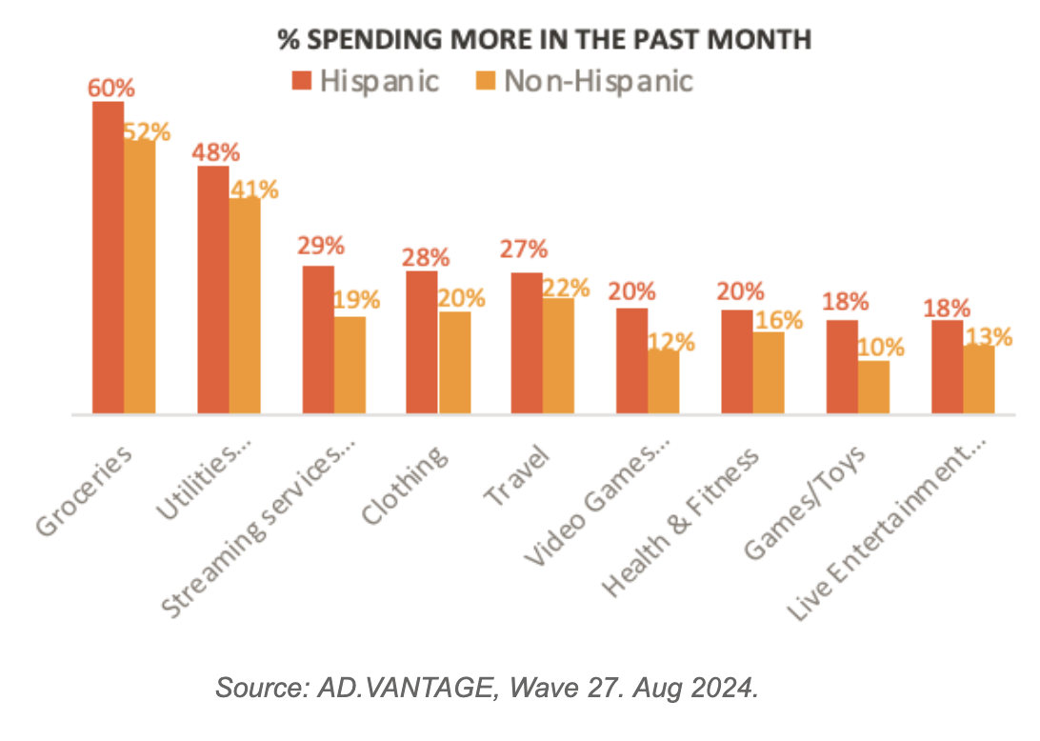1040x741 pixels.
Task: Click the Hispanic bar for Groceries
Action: click(108, 257)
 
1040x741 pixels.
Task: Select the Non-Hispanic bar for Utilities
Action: click(245, 306)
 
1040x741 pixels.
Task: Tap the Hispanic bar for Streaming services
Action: click(318, 340)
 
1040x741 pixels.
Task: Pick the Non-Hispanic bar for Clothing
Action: click(454, 363)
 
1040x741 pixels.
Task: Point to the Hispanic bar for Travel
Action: click(527, 343)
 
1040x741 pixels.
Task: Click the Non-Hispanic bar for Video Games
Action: click(664, 382)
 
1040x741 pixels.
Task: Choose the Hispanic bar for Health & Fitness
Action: click(737, 362)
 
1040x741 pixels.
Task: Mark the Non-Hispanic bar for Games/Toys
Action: click(873, 387)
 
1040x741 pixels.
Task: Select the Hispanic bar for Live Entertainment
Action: click(947, 367)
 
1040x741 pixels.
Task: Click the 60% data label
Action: click(111, 88)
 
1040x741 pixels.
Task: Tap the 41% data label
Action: click(254, 189)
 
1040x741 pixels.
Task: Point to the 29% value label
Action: click(320, 246)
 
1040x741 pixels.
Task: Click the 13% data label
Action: click(988, 336)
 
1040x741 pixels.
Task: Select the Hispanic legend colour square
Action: click(301, 81)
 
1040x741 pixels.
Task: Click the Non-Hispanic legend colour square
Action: click(484, 81)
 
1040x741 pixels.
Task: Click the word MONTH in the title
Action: click(763, 39)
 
